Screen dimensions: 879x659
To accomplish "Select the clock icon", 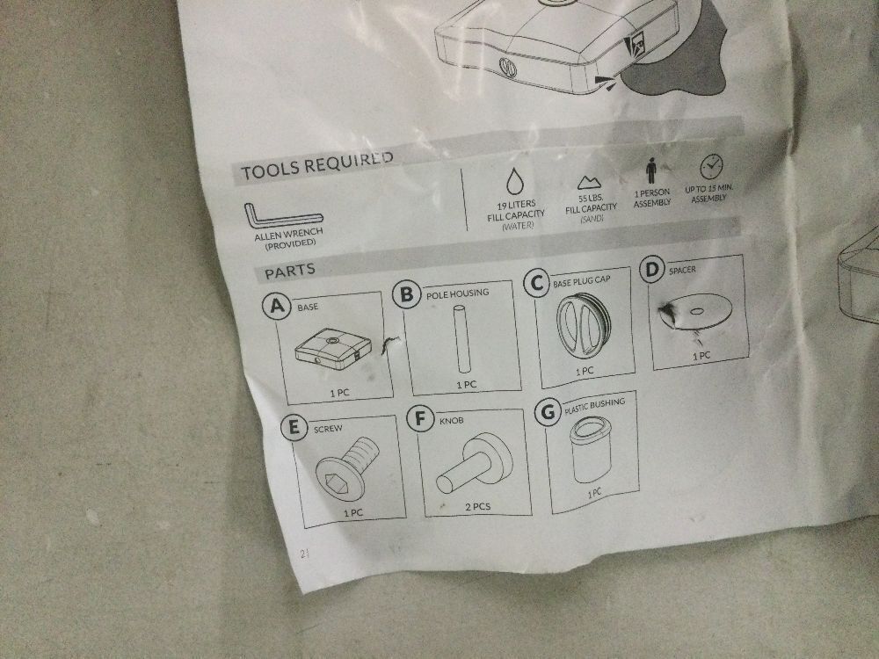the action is (711, 166).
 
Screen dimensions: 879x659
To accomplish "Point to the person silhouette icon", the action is (650, 170).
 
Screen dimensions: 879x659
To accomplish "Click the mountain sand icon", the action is (589, 182).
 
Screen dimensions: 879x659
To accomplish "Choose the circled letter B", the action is (407, 294).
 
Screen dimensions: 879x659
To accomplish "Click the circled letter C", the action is (536, 283).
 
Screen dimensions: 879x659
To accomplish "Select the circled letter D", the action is (651, 270).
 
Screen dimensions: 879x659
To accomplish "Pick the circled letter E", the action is (294, 428).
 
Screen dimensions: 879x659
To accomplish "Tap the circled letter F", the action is (420, 418).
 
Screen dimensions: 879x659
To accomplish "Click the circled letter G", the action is (548, 412).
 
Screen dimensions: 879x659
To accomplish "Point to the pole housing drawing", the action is (462, 338).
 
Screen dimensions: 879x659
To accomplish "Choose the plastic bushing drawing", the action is (589, 451).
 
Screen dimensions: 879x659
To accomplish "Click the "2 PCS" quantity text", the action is (477, 507).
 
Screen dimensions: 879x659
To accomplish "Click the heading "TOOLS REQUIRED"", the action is (317, 165).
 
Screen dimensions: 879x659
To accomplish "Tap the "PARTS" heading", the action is (290, 272).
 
